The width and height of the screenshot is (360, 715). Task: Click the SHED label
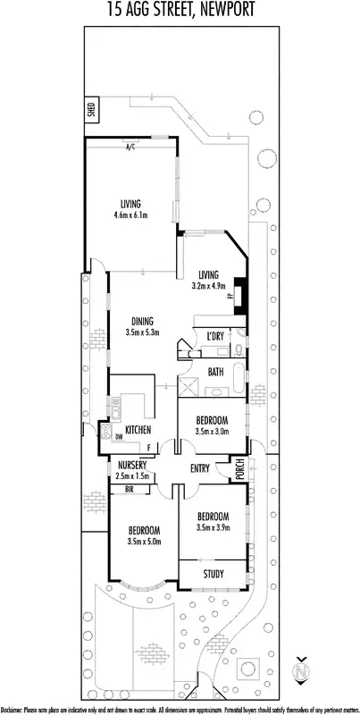[x=90, y=111]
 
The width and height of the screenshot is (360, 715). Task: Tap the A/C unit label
[x=130, y=146]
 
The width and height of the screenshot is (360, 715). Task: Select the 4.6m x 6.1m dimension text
[x=130, y=214]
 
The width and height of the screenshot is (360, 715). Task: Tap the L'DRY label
[x=214, y=335]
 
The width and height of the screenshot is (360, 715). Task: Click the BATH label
[x=215, y=371]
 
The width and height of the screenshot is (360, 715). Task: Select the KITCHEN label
[x=137, y=431]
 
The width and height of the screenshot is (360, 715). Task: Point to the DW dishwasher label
[x=119, y=436]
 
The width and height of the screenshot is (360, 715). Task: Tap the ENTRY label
[x=202, y=467]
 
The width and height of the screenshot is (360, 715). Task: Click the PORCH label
[x=239, y=468]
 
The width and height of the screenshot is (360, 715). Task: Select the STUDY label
[x=213, y=574]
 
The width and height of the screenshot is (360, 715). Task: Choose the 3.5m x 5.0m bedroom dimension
[x=143, y=541]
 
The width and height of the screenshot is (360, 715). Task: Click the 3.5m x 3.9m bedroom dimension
[x=213, y=528]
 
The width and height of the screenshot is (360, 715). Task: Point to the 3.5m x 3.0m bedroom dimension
[x=213, y=432]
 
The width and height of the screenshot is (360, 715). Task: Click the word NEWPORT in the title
[x=221, y=11]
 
